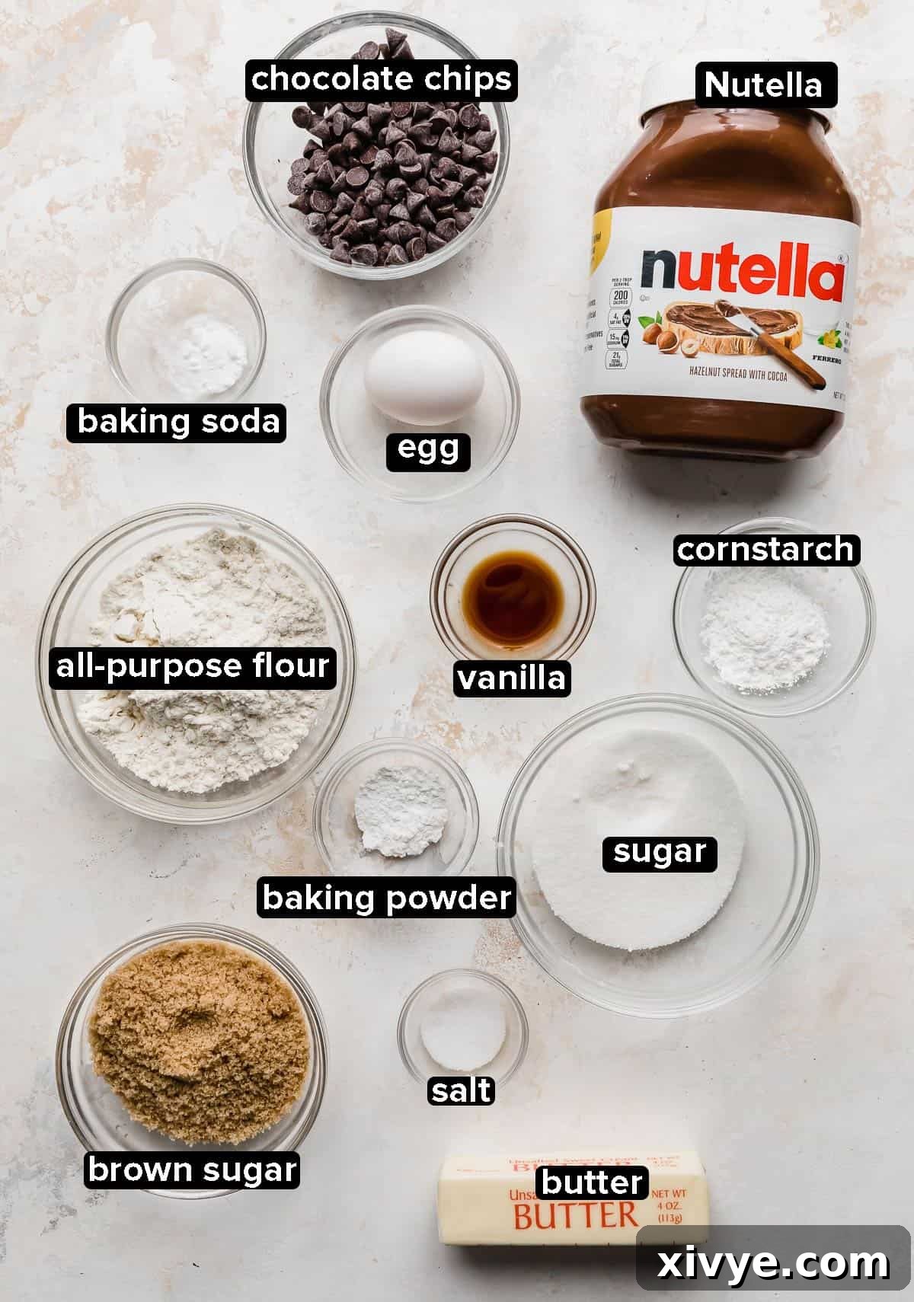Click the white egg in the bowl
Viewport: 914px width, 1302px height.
tap(423, 376)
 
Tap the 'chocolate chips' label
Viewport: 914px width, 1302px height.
tap(381, 80)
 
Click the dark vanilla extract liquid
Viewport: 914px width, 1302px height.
tap(513, 589)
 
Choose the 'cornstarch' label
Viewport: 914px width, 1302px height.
tap(765, 550)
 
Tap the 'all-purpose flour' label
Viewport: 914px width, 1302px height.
tap(193, 667)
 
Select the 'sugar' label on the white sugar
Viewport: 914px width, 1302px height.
tap(659, 852)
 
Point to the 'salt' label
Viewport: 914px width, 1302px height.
tap(461, 1091)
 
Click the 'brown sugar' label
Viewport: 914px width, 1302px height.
tap(192, 1170)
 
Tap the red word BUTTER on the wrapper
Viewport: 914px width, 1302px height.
tap(575, 1216)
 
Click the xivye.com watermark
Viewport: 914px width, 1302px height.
tap(772, 1264)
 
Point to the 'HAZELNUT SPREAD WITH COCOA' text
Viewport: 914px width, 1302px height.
tap(739, 374)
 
